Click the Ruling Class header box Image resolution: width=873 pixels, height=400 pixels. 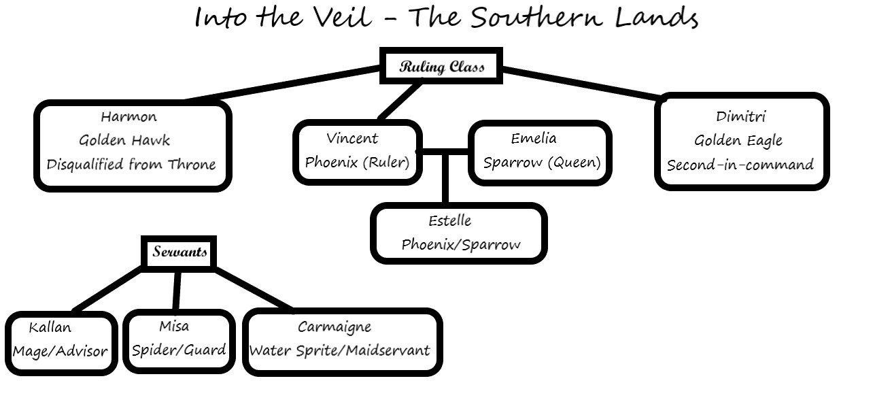pos(441,66)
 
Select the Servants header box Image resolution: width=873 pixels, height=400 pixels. pos(179,252)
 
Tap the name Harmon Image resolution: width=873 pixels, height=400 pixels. pos(129,116)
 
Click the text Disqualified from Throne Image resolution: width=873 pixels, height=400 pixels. pos(131,164)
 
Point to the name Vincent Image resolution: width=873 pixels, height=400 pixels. pos(352,138)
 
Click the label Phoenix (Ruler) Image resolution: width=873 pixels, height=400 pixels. pos(358,162)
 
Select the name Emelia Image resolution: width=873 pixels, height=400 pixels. pos(534,138)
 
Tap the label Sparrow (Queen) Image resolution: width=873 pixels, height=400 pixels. pos(542,162)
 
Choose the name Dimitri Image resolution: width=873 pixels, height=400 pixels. pos(741,116)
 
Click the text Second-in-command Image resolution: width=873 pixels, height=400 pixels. pos(740,165)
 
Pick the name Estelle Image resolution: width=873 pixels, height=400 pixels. pos(450,220)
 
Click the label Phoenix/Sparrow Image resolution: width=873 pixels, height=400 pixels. pos(461,244)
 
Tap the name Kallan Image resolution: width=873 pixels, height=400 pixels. pos(50,327)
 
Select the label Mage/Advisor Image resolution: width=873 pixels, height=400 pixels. pos(60,351)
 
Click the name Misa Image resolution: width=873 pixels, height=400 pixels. pos(174,326)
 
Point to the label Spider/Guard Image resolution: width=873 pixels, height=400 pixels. pos(179,350)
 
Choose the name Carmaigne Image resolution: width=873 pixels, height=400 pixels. pos(335,327)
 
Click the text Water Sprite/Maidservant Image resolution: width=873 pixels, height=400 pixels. pos(340,350)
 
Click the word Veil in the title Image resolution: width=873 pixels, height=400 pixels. pos(343,17)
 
